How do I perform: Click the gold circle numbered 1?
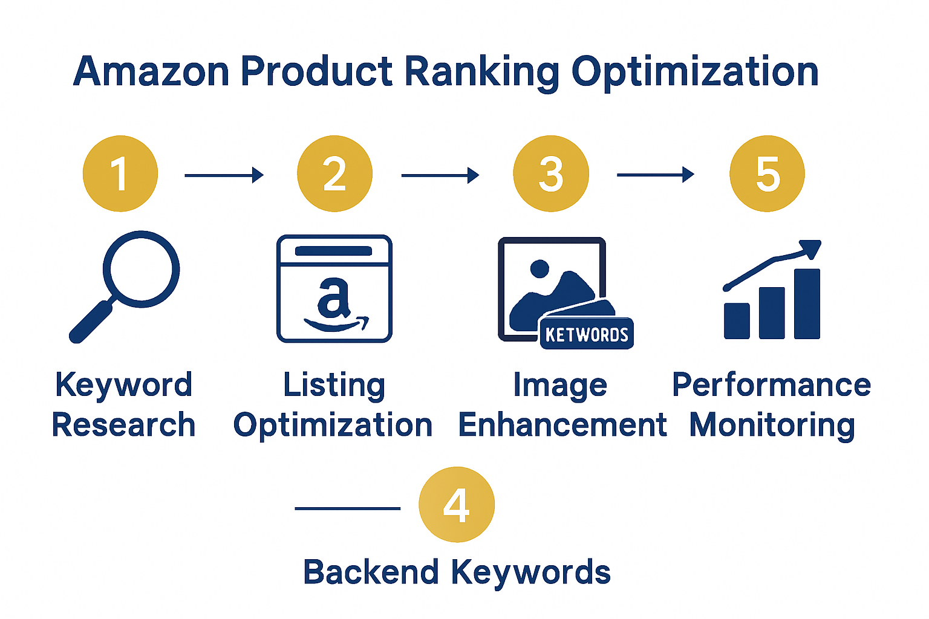point(120,173)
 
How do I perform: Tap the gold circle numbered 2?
point(334,173)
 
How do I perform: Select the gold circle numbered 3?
point(550,173)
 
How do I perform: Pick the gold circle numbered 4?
point(457,504)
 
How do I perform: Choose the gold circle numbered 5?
point(767,173)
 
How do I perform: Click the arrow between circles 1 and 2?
point(224,175)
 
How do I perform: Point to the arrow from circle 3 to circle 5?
point(655,175)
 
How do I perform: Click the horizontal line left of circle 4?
point(347,508)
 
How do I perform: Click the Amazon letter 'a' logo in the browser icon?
point(334,299)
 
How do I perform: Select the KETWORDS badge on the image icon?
point(586,334)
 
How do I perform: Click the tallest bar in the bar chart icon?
point(807,304)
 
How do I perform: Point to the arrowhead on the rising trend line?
point(810,248)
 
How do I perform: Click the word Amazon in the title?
point(151,71)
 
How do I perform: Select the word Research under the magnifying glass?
point(124,424)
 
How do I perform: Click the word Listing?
point(334,386)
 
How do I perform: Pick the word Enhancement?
point(562,424)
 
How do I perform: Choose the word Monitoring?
point(772,426)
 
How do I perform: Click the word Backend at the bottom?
point(371,572)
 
